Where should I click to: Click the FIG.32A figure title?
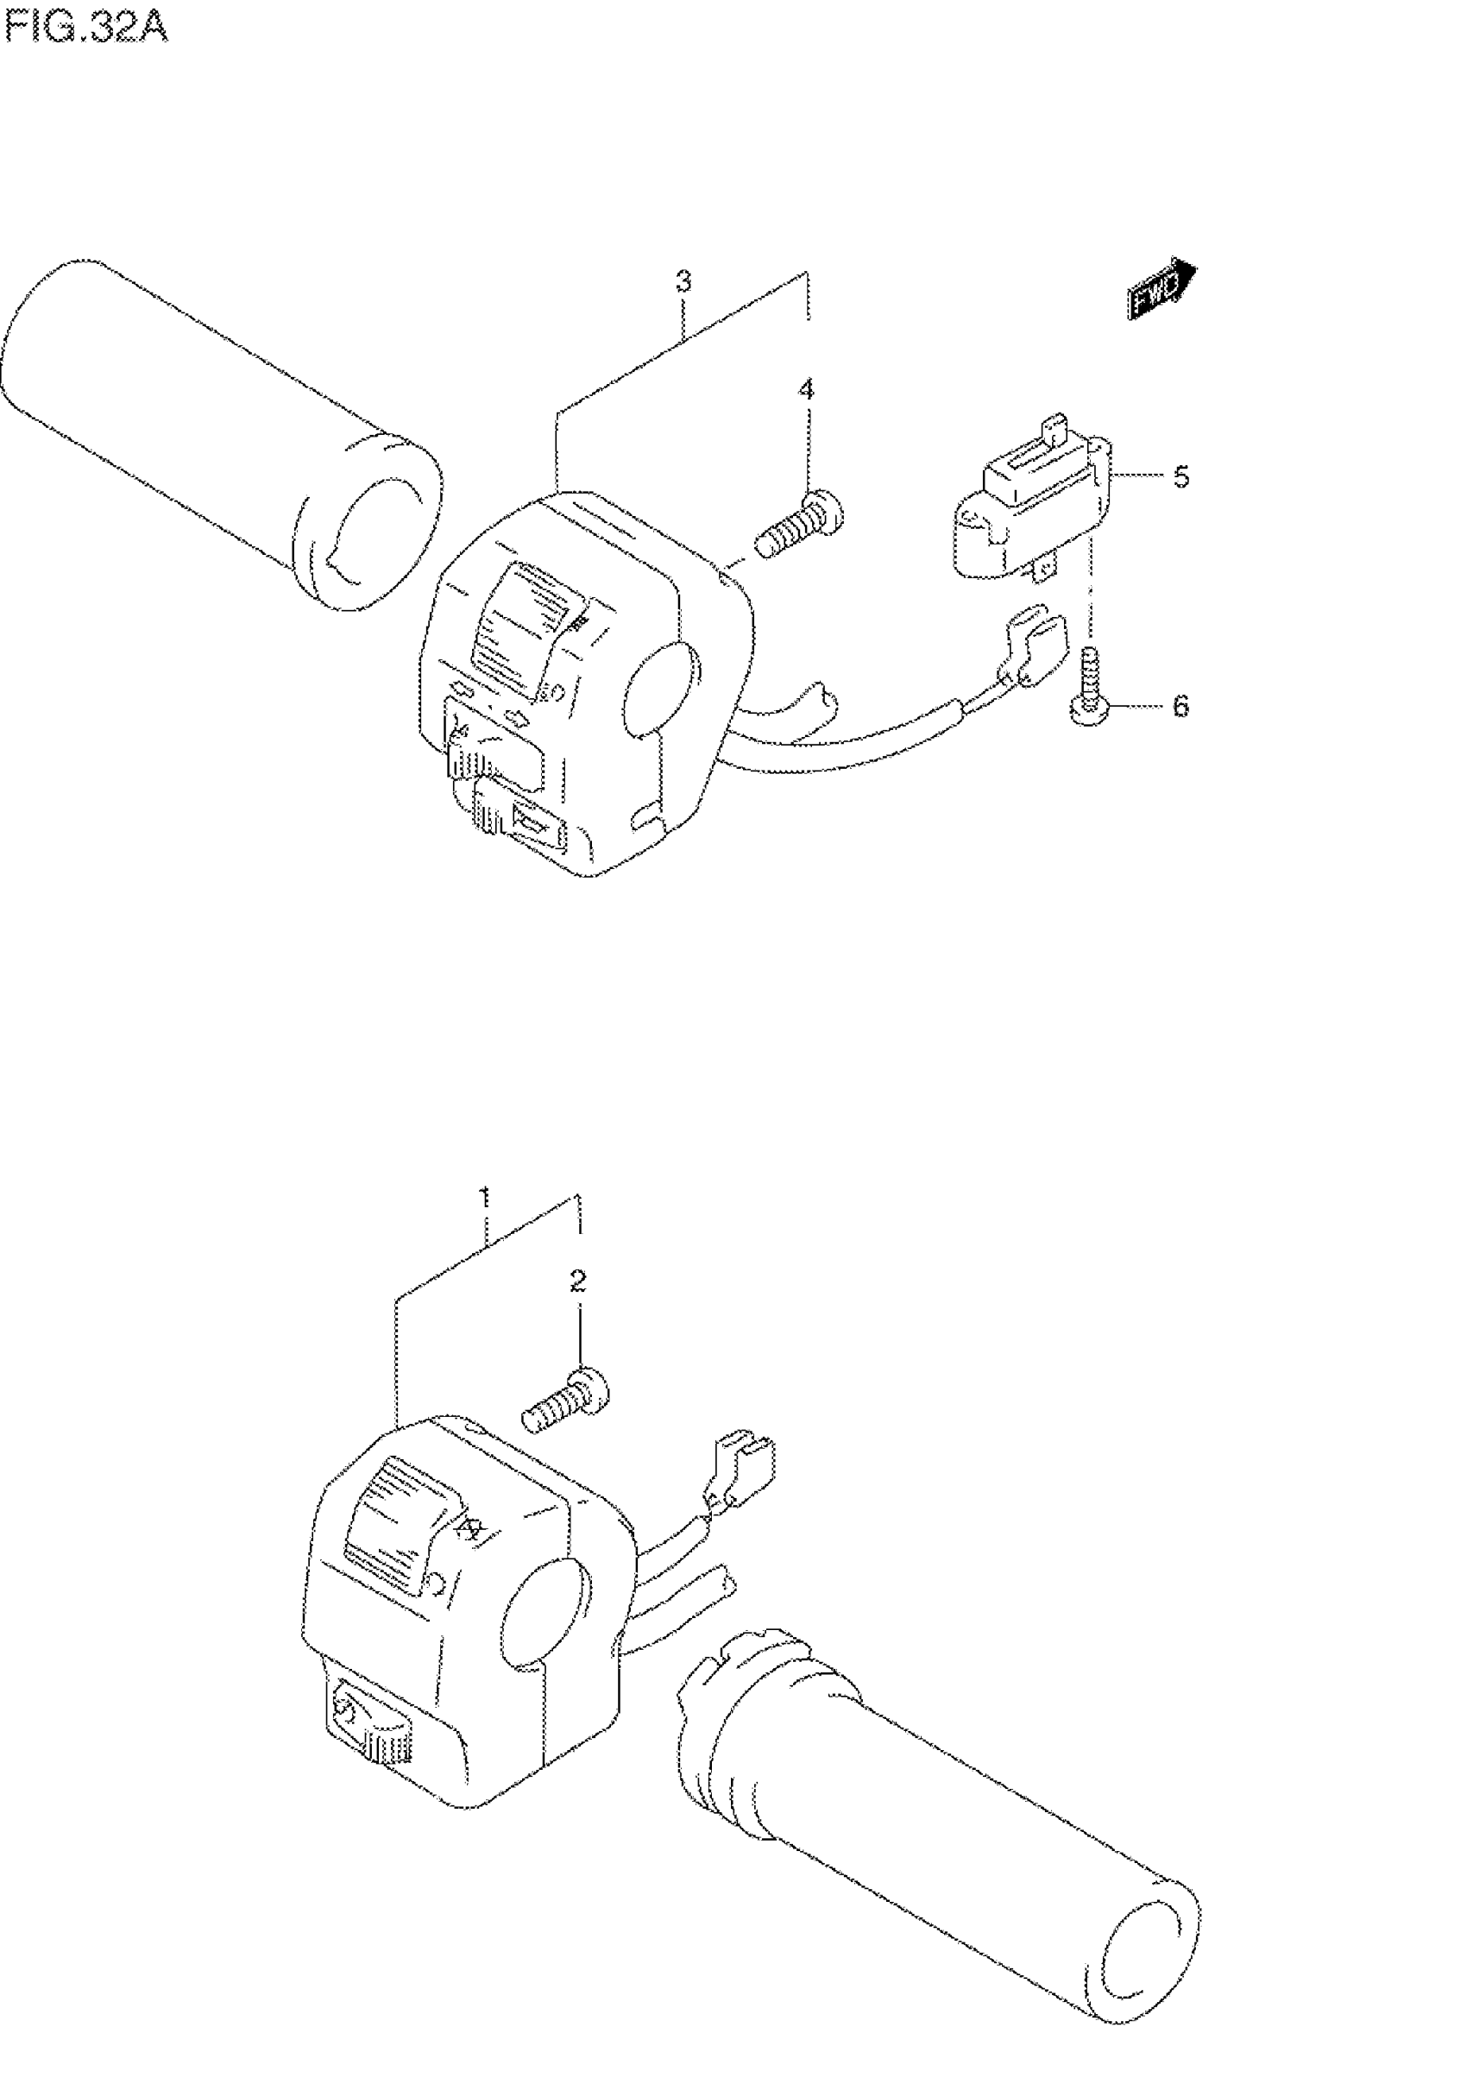86,29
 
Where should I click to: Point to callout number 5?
1181,477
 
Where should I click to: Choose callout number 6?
1181,706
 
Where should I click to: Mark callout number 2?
577,1281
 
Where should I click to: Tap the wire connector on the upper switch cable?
1031,649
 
